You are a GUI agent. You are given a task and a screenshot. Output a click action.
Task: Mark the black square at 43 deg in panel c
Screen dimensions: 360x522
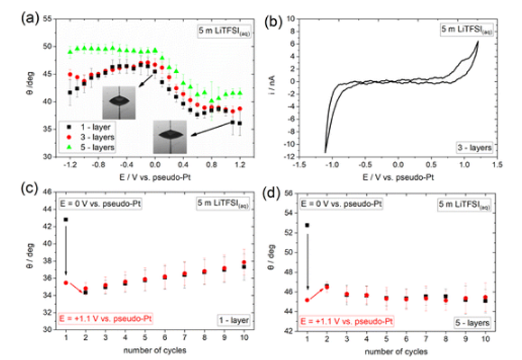point(66,219)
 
